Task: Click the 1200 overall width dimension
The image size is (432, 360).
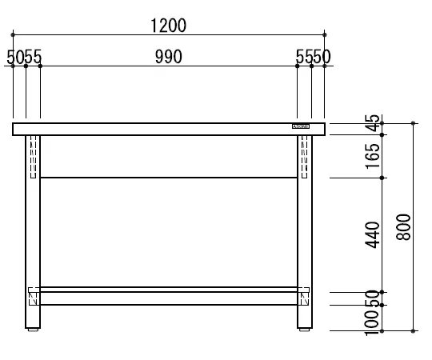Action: (168, 24)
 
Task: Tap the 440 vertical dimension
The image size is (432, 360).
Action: (372, 234)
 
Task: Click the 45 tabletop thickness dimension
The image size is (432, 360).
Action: (372, 126)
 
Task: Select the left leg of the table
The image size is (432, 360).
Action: (33, 232)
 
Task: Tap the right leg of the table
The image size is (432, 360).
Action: (305, 232)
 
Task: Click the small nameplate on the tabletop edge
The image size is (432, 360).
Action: (301, 126)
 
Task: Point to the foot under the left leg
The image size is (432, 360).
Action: (33, 328)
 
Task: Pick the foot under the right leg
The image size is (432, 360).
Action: (305, 328)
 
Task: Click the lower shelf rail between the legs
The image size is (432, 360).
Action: (168, 298)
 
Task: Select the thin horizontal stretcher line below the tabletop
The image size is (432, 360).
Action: (168, 177)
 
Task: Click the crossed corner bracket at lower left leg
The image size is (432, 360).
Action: (33, 298)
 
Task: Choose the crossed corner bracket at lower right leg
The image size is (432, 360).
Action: (305, 298)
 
